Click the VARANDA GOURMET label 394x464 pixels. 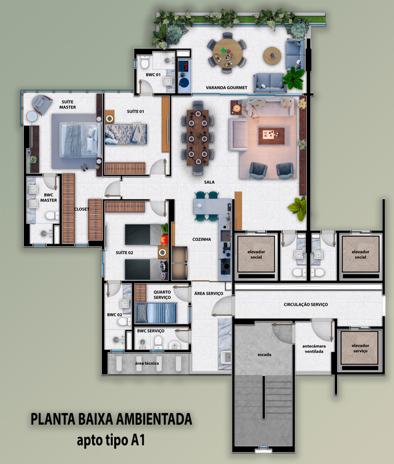tap(227, 87)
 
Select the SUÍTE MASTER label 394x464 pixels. tap(67, 104)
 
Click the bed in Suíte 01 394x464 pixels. tap(126, 134)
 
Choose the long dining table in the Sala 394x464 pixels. tap(198, 138)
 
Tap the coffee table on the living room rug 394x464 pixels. tap(272, 136)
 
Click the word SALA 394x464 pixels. tap(209, 182)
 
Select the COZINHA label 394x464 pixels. tap(202, 239)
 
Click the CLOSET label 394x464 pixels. tap(81, 209)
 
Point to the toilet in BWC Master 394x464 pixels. tap(52, 215)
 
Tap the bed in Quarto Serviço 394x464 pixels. tap(156, 313)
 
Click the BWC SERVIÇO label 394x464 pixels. tap(151, 331)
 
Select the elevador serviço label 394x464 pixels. tap(360, 348)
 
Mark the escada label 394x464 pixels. tap(264, 354)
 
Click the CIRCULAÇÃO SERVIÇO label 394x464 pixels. tap(306, 304)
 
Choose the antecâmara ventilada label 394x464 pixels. tap(314, 348)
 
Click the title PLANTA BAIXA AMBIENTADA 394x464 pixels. tap(112, 419)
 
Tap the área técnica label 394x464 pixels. tap(147, 363)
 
